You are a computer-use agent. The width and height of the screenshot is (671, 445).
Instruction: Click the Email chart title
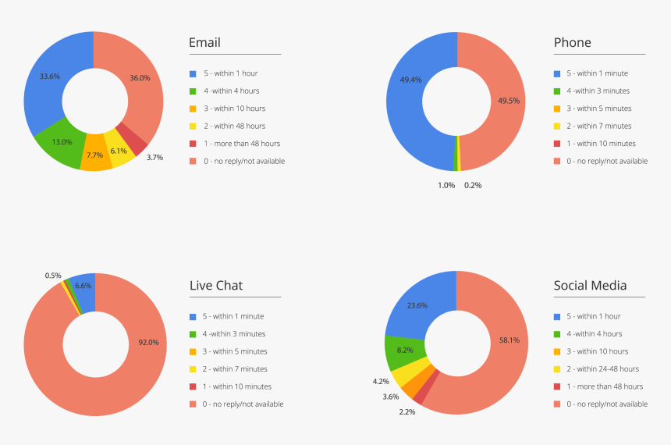[204, 42]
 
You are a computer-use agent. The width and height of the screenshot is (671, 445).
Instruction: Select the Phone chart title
[572, 42]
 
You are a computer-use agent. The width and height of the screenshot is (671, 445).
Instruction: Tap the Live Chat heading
[215, 285]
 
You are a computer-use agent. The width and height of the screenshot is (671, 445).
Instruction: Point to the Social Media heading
[590, 285]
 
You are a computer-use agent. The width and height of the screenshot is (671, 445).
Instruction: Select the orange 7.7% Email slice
[95, 156]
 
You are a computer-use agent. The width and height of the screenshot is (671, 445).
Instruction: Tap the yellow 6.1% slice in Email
[119, 151]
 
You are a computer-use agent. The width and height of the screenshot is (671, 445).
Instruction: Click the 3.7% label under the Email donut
[154, 157]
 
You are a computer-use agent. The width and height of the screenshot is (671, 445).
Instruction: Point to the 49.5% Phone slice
[508, 101]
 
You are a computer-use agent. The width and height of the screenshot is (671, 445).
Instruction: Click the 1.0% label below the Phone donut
[446, 185]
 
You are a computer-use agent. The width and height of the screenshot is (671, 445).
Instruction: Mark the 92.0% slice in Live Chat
[147, 342]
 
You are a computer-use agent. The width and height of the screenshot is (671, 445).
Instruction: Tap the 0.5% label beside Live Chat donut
[53, 276]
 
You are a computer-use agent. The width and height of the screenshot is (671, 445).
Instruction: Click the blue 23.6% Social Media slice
[417, 305]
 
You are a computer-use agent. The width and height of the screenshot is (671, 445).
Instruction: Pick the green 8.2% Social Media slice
[405, 351]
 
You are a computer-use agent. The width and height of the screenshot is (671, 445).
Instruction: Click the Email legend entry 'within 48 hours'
[236, 126]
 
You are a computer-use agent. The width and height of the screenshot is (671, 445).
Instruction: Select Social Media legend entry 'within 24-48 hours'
[602, 368]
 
